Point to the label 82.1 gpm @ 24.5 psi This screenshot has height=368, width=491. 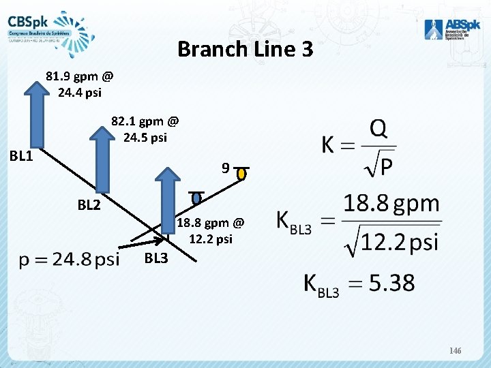point(145,129)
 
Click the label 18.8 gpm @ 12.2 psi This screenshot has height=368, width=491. point(210,230)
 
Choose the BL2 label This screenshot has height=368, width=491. point(89,203)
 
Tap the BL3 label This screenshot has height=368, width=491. point(156,258)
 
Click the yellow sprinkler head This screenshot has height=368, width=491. point(241,174)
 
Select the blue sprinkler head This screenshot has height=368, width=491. point(196,198)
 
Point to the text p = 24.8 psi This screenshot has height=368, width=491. point(69,259)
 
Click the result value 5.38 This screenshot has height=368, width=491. point(391,283)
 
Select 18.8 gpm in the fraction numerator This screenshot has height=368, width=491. point(391,204)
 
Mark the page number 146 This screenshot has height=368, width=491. point(456,350)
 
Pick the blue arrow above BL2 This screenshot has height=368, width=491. point(103,159)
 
